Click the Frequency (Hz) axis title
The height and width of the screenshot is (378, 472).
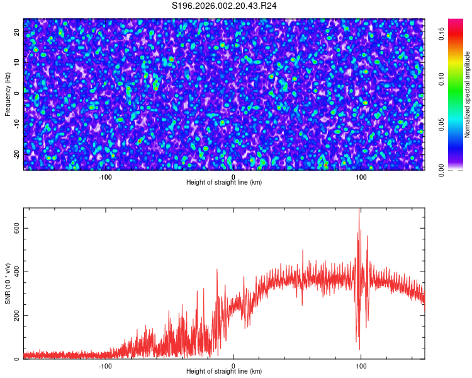pyautogui.click(x=8, y=94)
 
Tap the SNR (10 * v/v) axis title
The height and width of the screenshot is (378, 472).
pyautogui.click(x=8, y=283)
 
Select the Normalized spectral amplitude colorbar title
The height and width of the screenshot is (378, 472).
pyautogui.click(x=468, y=94)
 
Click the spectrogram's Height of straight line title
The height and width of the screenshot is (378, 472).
pyautogui.click(x=224, y=182)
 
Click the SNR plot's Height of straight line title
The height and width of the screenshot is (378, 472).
pyautogui.click(x=224, y=371)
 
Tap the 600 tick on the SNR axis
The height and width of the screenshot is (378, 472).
pyautogui.click(x=16, y=229)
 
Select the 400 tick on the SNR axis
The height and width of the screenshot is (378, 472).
pyautogui.click(x=16, y=272)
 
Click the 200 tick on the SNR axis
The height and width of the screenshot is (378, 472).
pyautogui.click(x=16, y=316)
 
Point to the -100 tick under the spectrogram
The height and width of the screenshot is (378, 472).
pyautogui.click(x=105, y=177)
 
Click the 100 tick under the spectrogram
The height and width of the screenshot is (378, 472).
pyautogui.click(x=361, y=177)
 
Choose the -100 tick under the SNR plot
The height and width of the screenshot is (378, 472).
pyautogui.click(x=105, y=365)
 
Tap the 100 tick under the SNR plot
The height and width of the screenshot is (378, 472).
pyautogui.click(x=361, y=365)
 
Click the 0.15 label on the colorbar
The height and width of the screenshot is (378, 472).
pyautogui.click(x=442, y=34)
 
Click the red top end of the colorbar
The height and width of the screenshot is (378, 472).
pyautogui.click(x=455, y=22)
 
